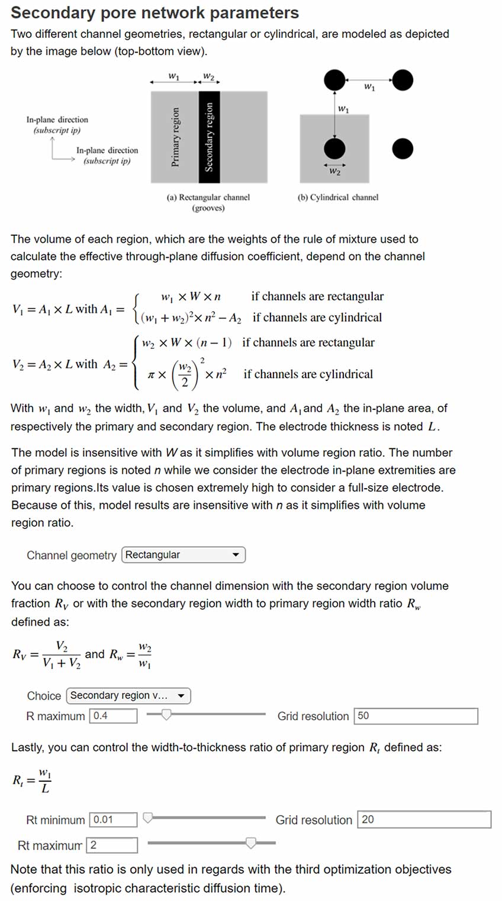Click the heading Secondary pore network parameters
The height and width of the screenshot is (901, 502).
[155, 12]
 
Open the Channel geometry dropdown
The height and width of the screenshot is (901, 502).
[183, 555]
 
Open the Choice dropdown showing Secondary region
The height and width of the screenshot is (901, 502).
[128, 695]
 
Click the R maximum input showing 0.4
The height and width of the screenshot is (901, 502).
[112, 716]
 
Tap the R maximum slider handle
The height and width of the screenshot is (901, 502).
[167, 715]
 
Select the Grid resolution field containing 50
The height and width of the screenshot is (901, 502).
[416, 716]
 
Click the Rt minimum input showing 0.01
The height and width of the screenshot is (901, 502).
[113, 820]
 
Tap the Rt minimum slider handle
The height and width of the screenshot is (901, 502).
[148, 818]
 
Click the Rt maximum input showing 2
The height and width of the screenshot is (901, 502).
[111, 845]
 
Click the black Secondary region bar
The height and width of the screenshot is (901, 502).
[209, 137]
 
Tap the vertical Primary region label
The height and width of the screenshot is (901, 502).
[175, 137]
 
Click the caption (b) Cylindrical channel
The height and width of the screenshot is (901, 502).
[337, 197]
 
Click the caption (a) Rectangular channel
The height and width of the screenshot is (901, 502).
[208, 197]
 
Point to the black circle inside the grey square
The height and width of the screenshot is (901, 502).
[334, 149]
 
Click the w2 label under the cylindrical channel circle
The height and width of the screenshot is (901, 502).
[334, 172]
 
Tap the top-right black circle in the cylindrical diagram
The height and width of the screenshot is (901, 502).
[403, 79]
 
